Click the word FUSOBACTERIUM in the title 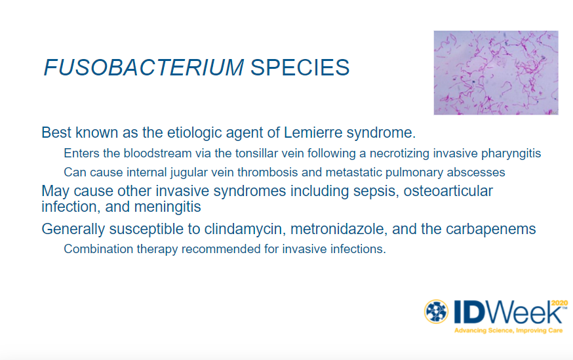(144, 68)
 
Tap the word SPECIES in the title (300, 68)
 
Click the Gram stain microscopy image (496, 73)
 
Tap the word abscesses (475, 172)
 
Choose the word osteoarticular (448, 191)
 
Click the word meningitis (167, 207)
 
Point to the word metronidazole (339, 229)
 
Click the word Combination (98, 249)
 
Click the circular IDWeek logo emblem (436, 311)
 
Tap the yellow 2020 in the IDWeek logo (559, 303)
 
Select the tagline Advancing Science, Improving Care (508, 330)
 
